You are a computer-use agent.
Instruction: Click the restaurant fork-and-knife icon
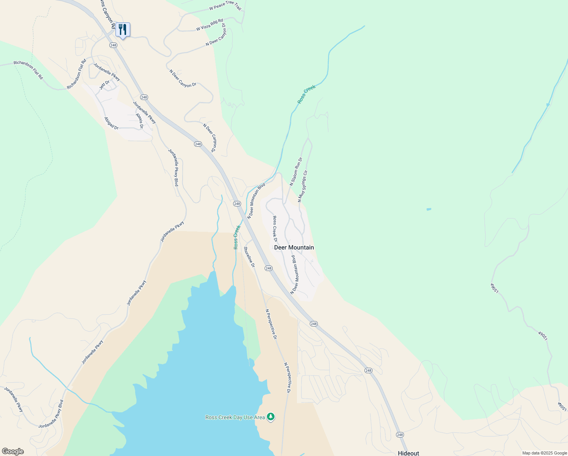coord(123,29)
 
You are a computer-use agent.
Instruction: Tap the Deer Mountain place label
coord(294,247)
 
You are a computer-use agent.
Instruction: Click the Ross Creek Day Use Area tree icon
coord(271,417)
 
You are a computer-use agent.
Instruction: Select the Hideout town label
coord(409,453)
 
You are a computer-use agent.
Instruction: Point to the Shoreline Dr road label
coord(249,257)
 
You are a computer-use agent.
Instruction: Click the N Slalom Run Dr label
coord(296,172)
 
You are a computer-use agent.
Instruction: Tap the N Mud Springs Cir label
coord(303,186)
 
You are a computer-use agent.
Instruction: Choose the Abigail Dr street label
coord(111,123)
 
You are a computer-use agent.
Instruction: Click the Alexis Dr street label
coord(139,120)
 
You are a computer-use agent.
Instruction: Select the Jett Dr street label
coord(104,85)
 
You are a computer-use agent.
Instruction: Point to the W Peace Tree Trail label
coord(225,5)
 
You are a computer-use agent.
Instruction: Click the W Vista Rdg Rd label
coord(210,25)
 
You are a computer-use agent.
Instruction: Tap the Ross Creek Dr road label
coord(275,229)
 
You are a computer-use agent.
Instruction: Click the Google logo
coord(12,451)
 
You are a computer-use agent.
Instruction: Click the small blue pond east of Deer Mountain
coord(429,209)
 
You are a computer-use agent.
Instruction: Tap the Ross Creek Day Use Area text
coord(235,417)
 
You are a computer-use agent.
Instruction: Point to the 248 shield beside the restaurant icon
coord(113,45)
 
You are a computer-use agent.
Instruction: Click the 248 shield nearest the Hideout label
coord(399,434)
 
